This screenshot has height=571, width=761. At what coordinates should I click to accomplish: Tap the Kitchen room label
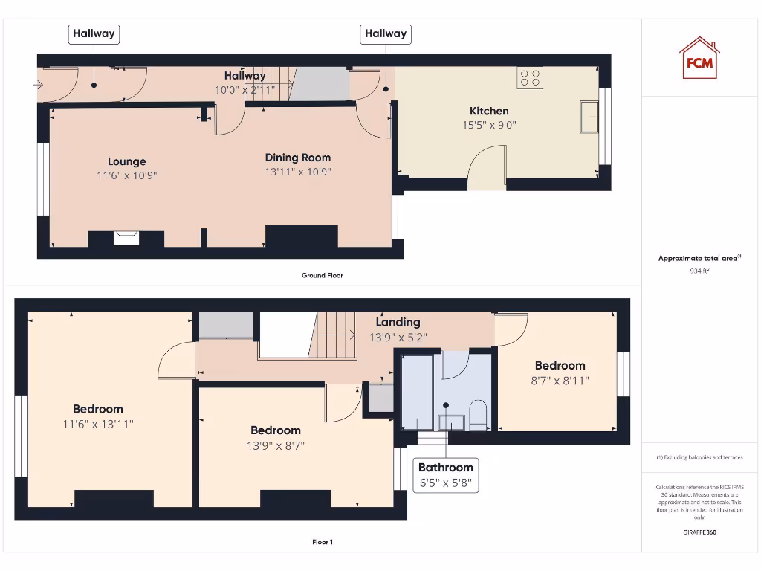489,111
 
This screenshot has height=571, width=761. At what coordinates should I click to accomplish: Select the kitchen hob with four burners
530,78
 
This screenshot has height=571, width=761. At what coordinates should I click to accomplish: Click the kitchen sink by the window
590,117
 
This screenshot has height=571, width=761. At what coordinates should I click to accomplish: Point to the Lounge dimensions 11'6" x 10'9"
127,175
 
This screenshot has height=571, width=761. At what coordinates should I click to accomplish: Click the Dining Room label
298,158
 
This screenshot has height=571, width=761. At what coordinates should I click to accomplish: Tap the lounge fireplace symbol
126,238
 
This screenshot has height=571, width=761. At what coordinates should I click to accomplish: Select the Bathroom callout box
445,475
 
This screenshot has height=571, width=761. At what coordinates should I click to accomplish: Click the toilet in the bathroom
478,416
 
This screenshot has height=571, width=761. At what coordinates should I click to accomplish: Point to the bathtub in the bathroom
418,393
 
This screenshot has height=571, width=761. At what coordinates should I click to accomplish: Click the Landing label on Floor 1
398,322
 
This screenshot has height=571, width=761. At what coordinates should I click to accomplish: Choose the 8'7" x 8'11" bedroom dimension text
560,381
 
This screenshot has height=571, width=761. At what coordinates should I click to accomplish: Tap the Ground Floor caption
323,276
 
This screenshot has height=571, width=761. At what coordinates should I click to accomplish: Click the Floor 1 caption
323,543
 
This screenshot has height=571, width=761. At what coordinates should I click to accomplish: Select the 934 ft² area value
699,271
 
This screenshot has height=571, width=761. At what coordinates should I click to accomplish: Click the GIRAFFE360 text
699,532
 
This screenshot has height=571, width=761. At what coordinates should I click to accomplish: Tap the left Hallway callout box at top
94,33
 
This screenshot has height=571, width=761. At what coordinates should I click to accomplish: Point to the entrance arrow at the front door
38,85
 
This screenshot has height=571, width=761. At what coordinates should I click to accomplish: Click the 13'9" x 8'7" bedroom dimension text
276,446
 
